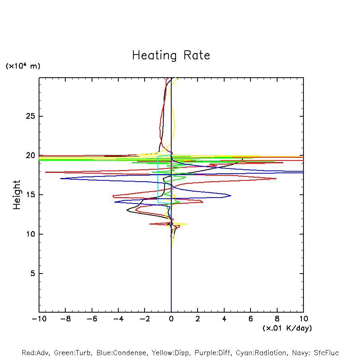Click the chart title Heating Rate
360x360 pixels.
(171, 55)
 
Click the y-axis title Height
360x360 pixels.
(17, 195)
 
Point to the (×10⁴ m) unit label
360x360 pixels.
(23, 66)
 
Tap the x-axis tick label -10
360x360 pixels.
(39, 319)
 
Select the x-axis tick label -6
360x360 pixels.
(92, 319)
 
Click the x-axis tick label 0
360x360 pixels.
(171, 319)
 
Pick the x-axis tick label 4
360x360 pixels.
(224, 319)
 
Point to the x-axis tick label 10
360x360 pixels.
(303, 319)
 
